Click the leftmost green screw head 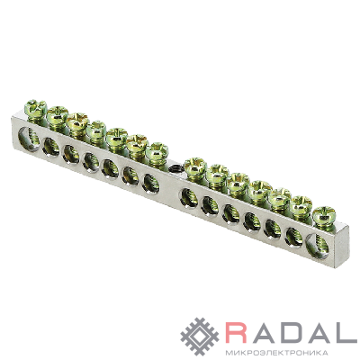click(x=35, y=107)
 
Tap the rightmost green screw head click(x=324, y=214)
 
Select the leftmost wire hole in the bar click(x=29, y=139)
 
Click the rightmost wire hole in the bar click(x=318, y=246)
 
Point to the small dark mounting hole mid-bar click(x=174, y=168)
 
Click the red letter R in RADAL click(x=238, y=333)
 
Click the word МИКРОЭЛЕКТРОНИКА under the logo click(x=275, y=352)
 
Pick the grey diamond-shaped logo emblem click(x=200, y=337)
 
